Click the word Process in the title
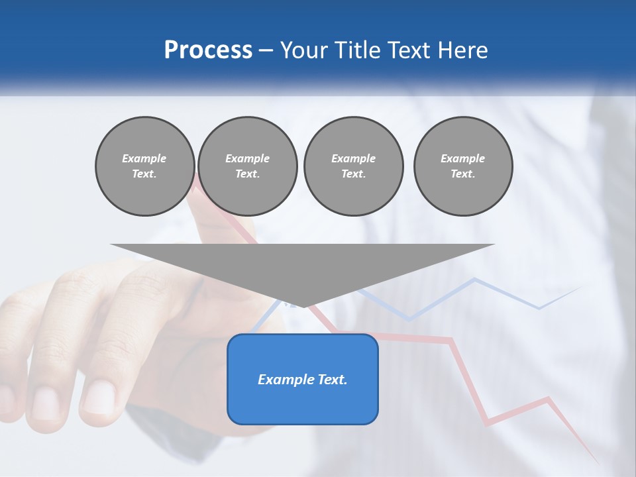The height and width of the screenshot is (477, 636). [x=208, y=50]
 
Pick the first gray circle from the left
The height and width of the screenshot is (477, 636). [x=144, y=166]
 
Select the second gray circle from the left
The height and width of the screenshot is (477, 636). [x=248, y=166]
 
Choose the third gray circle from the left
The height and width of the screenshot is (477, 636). [x=353, y=166]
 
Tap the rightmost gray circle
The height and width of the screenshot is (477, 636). [x=463, y=166]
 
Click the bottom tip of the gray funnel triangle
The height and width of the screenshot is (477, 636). [x=303, y=306]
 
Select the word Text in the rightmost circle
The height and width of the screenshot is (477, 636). [x=462, y=174]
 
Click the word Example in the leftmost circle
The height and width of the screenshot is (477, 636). [x=144, y=159]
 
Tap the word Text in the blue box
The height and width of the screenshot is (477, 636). [x=333, y=380]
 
